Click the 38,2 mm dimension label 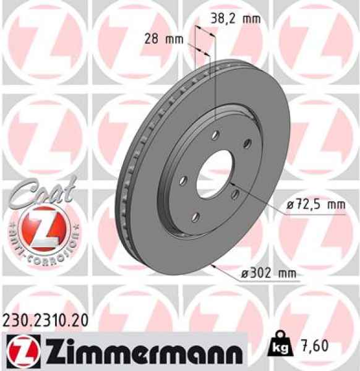[233, 19]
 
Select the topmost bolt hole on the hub [215, 134]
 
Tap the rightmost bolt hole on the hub [246, 144]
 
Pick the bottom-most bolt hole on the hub [197, 216]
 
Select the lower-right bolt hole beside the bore [236, 195]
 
